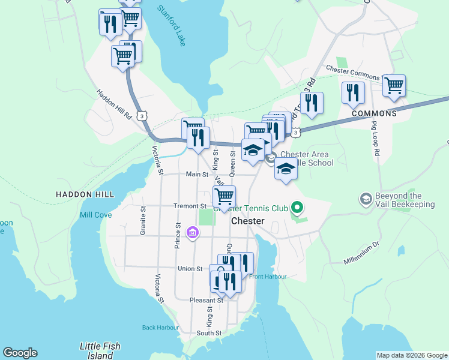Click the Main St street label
coord(196,175)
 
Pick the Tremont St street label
coord(190,206)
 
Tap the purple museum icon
coord(193,232)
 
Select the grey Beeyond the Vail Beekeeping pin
coord(365,199)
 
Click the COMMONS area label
coord(374,113)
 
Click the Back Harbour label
coord(160,328)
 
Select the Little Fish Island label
coord(100,350)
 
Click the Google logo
coord(20,353)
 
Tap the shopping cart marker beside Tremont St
coord(224,196)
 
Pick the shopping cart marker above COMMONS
coord(394,85)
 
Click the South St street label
coord(209,333)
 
